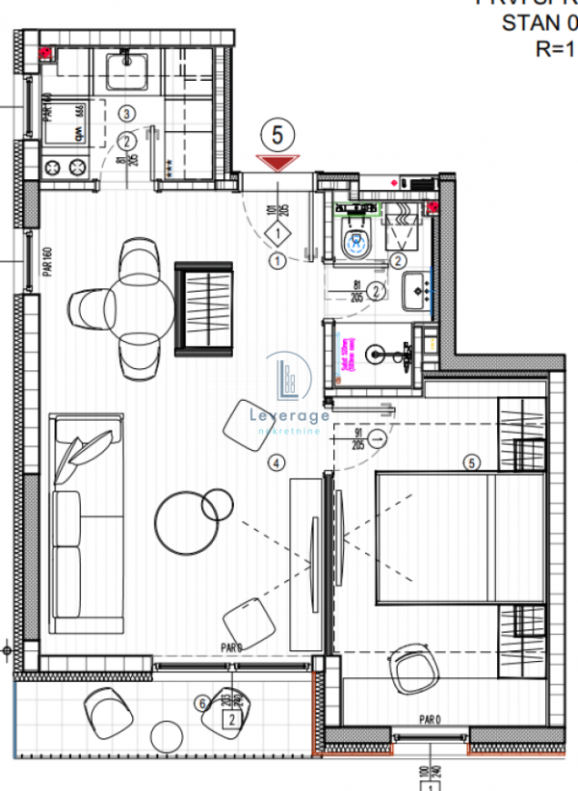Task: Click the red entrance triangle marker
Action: pos(278,164)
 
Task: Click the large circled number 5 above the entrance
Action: pos(277,136)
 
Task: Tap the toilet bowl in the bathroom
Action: pos(358,242)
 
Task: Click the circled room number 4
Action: pos(277,463)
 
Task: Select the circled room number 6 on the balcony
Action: pos(201,704)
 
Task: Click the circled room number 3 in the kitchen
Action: pos(125,114)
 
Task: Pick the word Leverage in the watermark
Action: pos(290,414)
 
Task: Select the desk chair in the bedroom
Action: pos(415,667)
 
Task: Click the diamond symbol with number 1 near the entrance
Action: pos(277,233)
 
